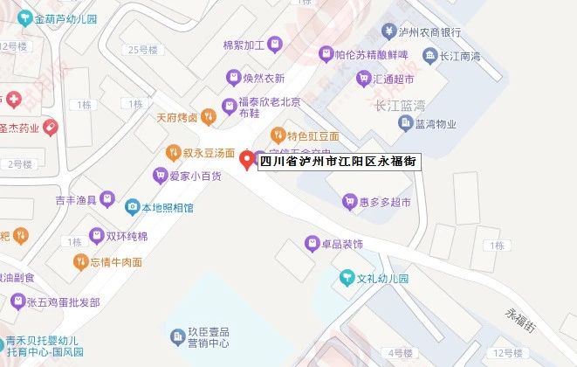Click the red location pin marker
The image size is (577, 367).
coord(246,159)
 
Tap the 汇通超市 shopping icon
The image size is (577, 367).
coord(363,79)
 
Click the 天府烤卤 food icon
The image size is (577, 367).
coord(207,115)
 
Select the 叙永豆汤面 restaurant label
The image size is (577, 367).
coord(203,153)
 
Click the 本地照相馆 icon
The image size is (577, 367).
coord(133,208)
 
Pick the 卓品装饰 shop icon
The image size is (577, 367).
coord(311,242)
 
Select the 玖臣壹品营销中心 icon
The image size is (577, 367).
coord(172,336)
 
